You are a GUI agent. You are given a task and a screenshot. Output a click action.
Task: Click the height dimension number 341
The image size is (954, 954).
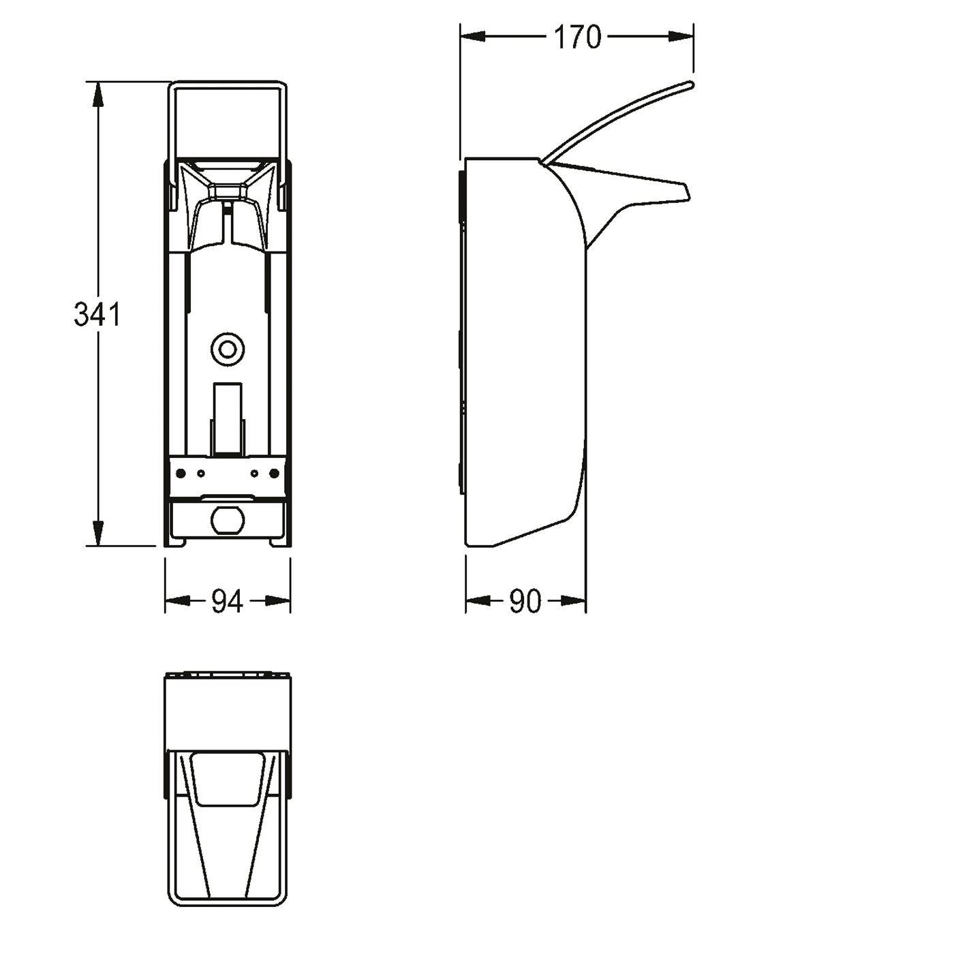coord(97,314)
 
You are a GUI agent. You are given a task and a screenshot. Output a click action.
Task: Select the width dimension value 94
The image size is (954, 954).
coord(227,602)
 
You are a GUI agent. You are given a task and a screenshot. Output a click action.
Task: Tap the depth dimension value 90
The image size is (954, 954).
coord(526,602)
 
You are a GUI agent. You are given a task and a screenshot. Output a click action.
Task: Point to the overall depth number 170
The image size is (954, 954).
coord(576,37)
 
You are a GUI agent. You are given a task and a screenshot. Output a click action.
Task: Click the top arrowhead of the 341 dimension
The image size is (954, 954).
coord(98,94)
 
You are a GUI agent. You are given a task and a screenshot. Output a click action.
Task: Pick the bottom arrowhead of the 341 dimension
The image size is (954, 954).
coord(98,534)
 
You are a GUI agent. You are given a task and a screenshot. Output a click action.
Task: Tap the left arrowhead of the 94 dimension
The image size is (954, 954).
coord(177,601)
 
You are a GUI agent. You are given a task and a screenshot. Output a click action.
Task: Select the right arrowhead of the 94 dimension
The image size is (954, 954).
coord(278,601)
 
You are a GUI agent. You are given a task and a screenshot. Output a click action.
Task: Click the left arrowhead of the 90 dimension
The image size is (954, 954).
coord(478,601)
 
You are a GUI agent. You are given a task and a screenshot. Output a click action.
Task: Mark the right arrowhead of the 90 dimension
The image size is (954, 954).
coord(574,601)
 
